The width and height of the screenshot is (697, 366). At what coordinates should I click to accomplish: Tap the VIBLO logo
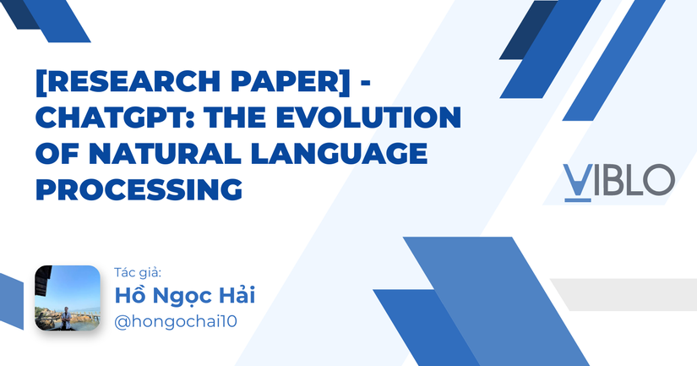point(618,180)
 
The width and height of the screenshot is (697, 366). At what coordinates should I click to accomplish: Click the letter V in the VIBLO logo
point(576,180)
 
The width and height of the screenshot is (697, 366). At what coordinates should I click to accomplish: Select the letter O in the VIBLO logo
point(658,179)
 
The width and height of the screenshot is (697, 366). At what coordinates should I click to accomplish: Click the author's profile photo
point(68,298)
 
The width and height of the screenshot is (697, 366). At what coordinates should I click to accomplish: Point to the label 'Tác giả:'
point(137,272)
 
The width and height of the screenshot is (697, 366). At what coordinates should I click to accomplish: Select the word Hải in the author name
point(239,296)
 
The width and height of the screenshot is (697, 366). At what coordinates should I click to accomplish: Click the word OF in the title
point(59,154)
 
